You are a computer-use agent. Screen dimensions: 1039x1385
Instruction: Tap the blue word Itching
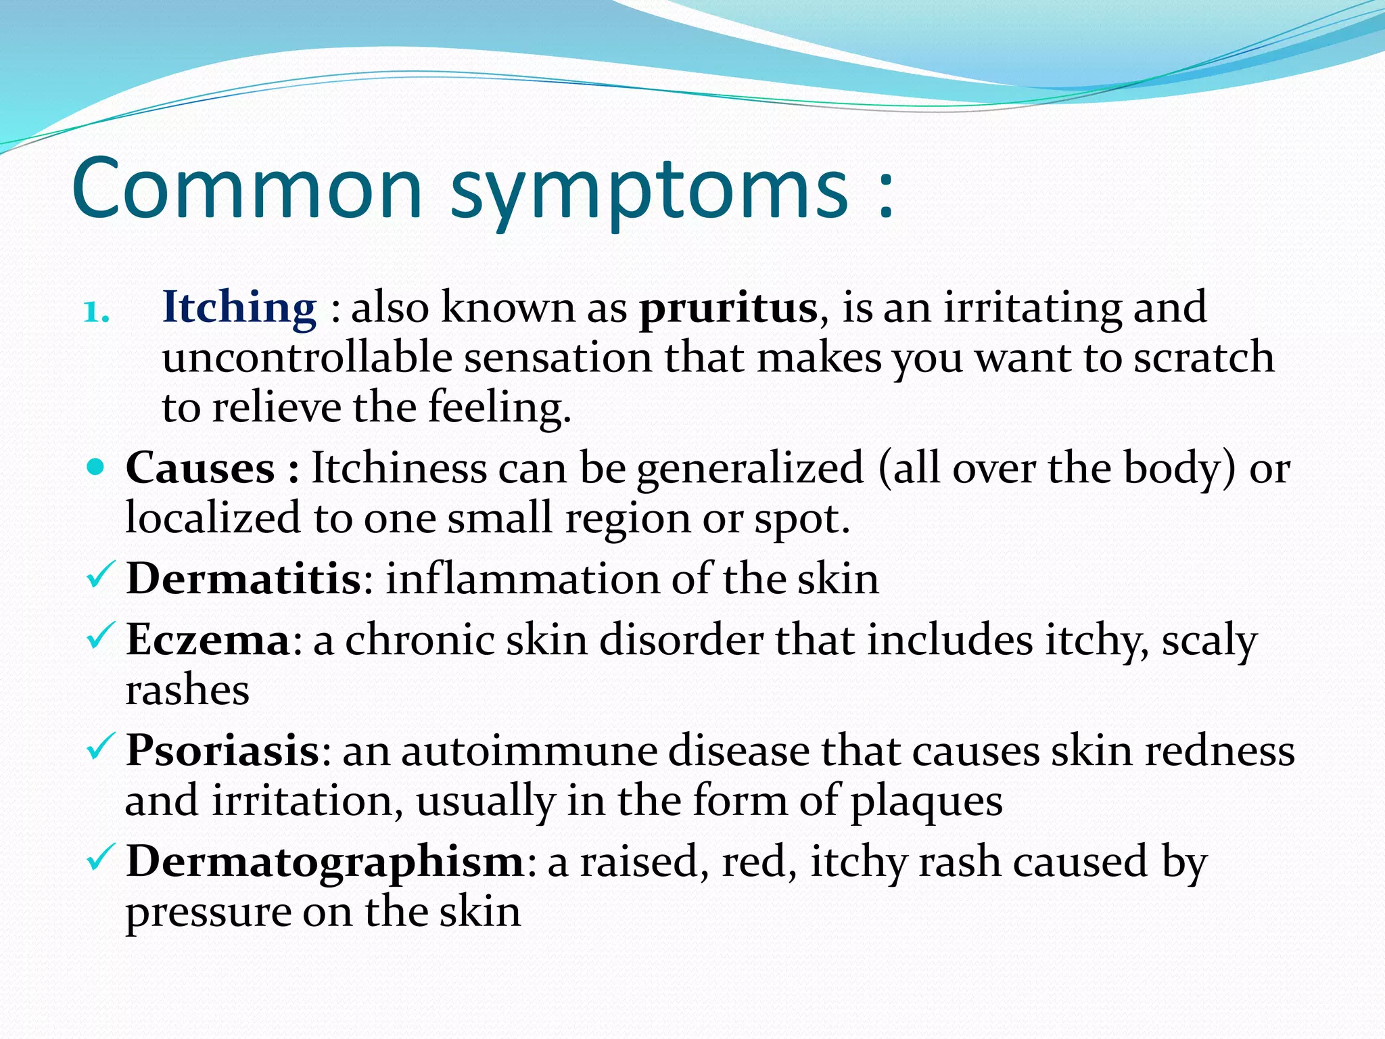(239, 308)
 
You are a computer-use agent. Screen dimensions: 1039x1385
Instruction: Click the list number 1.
(97, 313)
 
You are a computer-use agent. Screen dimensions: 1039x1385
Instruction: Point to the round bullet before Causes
(97, 466)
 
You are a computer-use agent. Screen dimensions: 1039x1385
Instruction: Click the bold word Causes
(201, 467)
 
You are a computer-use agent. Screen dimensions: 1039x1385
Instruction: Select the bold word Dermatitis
(244, 579)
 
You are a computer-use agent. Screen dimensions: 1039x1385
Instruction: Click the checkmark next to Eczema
(101, 637)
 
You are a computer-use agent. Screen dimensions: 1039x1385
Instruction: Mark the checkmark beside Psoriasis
(101, 747)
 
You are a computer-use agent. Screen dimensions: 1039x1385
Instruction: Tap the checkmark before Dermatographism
(101, 858)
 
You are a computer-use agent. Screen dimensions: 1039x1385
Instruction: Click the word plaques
(926, 802)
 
